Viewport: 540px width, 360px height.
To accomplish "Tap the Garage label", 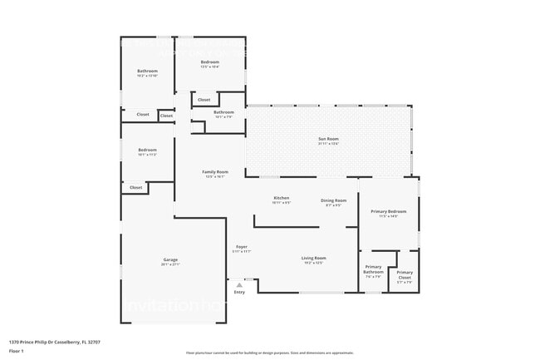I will coord(170,260).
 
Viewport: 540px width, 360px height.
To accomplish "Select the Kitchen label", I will coord(281,198).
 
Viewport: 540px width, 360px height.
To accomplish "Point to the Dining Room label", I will coord(334,200).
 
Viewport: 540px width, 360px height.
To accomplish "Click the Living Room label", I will coord(313,258).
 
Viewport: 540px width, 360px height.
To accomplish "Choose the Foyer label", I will coord(242,247).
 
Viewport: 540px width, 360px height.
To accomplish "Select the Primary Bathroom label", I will coord(373,269).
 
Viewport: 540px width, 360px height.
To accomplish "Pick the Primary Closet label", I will coord(405,274).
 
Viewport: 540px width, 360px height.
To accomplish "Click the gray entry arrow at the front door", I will coord(239,284).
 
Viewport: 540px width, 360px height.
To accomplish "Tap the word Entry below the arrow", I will coord(239,292).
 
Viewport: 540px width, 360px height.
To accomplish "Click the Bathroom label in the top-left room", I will coord(147,71).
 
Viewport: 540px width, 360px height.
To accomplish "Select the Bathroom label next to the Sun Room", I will coord(223,112).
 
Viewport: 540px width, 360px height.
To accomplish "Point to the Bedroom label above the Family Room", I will coord(209,62).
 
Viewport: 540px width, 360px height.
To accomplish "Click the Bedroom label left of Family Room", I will coord(147,150).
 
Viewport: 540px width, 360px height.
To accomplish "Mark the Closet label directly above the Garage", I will coord(135,188).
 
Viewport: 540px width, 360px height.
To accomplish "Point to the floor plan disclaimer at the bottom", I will coord(269,353).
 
